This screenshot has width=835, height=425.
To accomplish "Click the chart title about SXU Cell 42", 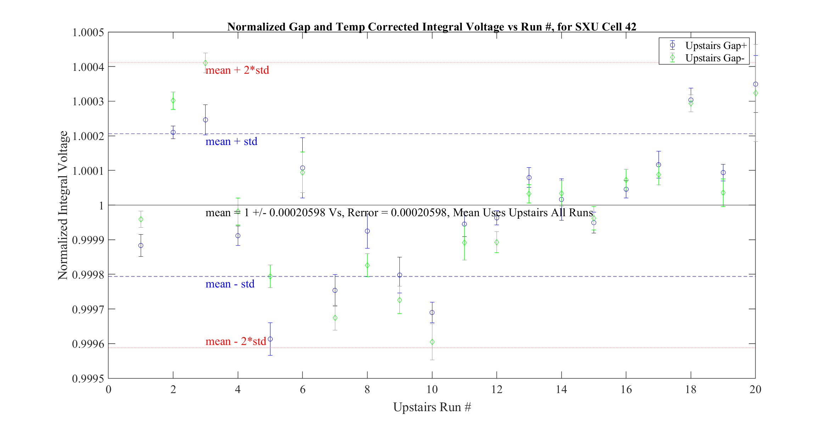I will pos(431,27).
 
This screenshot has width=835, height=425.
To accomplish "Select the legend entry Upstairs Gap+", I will pos(716,45).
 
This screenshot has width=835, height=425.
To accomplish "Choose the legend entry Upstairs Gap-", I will pos(714,58).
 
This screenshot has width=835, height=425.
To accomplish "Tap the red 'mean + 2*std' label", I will pos(237,70).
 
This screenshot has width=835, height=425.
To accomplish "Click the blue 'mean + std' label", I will pos(231,141).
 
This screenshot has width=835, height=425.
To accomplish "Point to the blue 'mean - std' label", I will pos(230,284).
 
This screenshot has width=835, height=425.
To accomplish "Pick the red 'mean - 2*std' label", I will pos(236,341).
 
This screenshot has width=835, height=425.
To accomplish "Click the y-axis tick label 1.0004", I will pos(88,67).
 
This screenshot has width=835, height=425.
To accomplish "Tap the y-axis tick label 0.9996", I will pos(88,344).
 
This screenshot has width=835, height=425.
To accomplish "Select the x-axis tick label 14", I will pos(561,390).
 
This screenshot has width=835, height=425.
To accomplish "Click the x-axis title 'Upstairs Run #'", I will pos(432,407).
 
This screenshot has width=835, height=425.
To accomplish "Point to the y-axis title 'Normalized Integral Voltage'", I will pos(63,205).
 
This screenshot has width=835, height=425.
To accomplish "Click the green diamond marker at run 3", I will pos(206,63).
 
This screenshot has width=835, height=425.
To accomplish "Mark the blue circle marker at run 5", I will pos(270,339).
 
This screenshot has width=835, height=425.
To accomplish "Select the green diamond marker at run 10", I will pos(432,342).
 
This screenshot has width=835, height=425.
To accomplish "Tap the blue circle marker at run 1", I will pos(141,245).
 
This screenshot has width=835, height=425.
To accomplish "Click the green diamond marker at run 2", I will pos(173,101).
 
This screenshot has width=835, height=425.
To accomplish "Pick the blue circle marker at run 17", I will pos(659,165).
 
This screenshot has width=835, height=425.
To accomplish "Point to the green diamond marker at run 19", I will pos(723,193).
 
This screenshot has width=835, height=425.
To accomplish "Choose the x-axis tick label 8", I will pos(367,390).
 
